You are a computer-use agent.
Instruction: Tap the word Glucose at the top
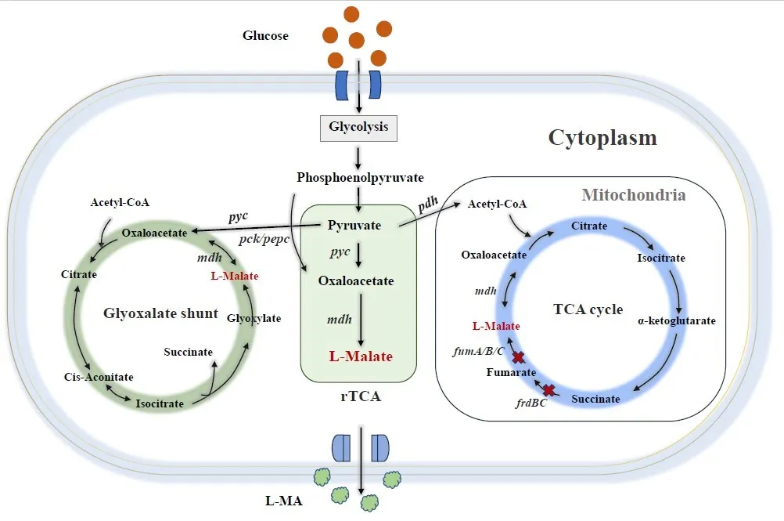click(265, 36)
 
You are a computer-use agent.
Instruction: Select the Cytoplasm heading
click(602, 139)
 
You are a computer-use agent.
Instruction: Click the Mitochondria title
click(634, 195)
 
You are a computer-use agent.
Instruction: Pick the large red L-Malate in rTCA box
click(360, 356)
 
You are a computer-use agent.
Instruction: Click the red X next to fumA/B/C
click(518, 358)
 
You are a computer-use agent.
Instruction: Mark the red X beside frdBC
click(549, 390)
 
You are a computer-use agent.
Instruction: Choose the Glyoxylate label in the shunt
click(254, 318)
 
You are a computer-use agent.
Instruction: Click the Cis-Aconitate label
click(99, 377)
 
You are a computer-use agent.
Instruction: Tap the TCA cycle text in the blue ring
click(588, 309)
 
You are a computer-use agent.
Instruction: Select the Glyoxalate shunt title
click(160, 313)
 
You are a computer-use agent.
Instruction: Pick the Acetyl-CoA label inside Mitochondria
click(497, 204)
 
